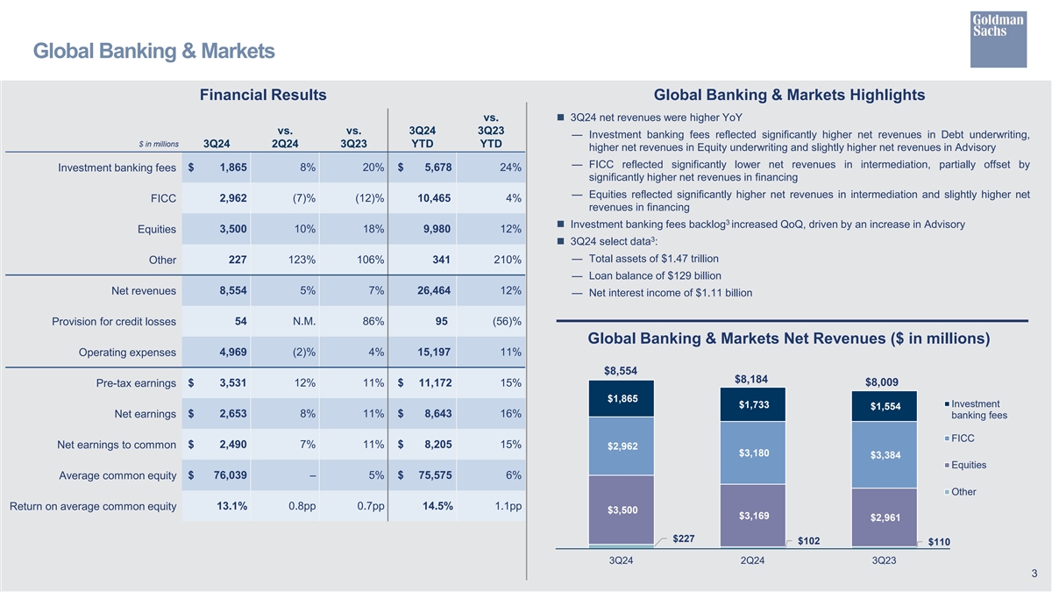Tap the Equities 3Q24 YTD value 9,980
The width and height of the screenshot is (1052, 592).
click(x=434, y=229)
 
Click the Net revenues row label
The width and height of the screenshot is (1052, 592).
click(x=144, y=291)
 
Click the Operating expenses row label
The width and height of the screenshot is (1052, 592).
click(x=127, y=353)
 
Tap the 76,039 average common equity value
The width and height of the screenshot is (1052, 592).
click(x=225, y=474)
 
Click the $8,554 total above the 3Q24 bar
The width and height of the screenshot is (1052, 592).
click(x=621, y=370)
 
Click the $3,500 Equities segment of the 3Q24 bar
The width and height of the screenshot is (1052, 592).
click(x=622, y=510)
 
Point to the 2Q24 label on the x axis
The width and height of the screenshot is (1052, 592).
click(x=751, y=561)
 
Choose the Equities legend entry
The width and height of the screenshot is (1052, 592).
click(x=968, y=465)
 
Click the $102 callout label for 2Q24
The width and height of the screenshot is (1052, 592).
click(x=808, y=540)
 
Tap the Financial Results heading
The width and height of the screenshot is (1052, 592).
click(x=263, y=95)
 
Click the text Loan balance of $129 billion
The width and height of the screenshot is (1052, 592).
click(x=655, y=275)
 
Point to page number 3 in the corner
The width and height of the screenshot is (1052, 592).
click(x=1034, y=574)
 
